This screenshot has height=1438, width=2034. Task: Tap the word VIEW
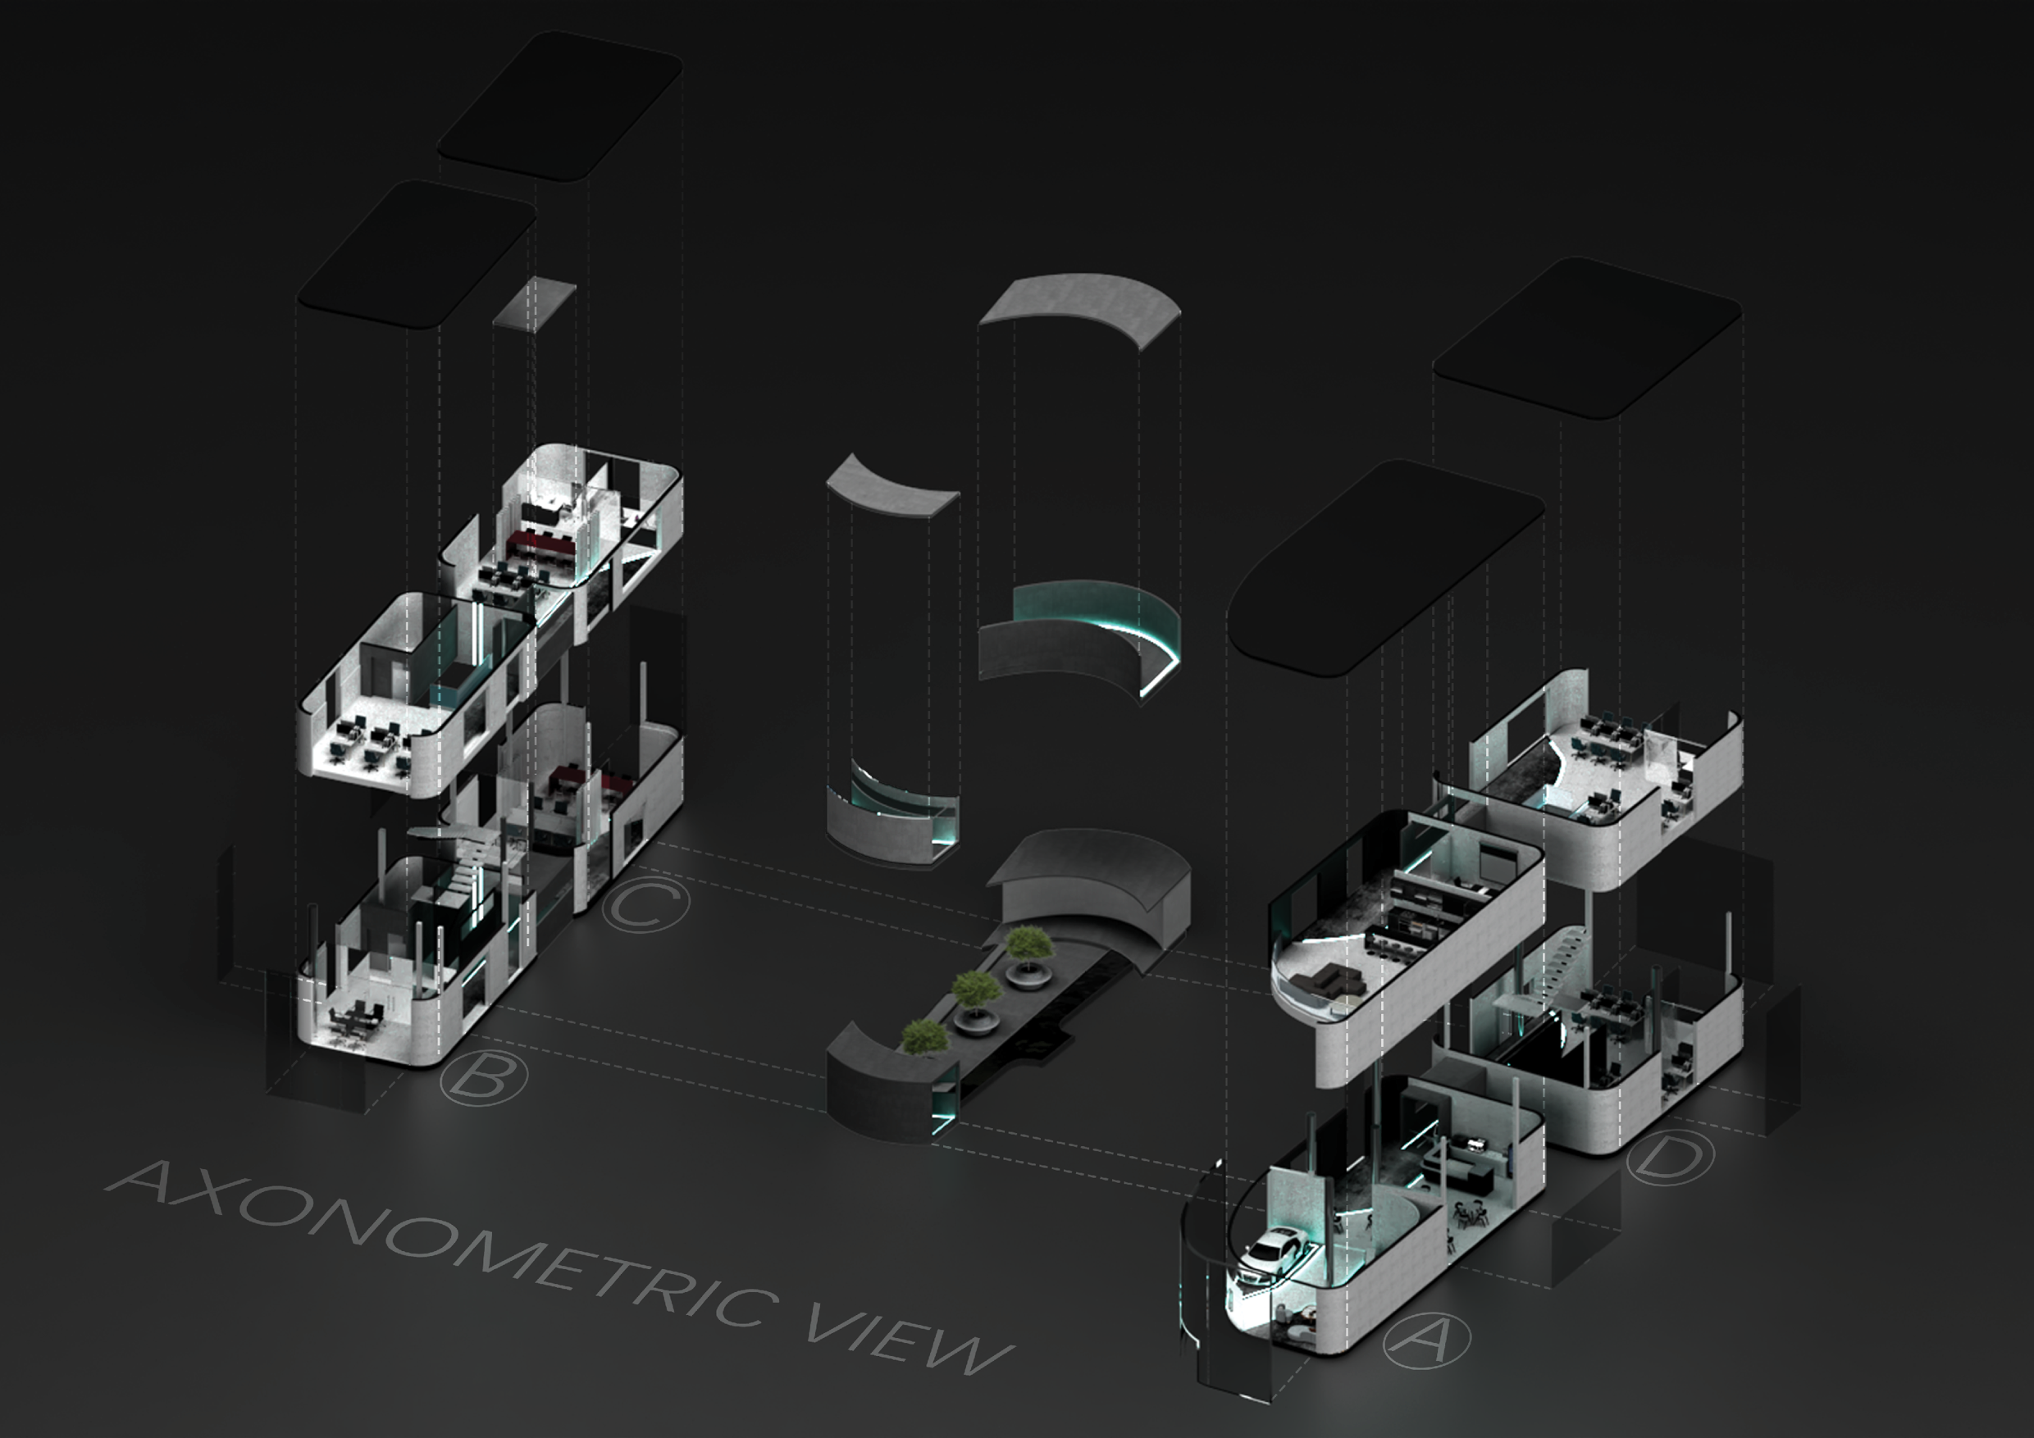tap(908, 1342)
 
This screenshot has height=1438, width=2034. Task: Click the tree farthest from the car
tap(1029, 944)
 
